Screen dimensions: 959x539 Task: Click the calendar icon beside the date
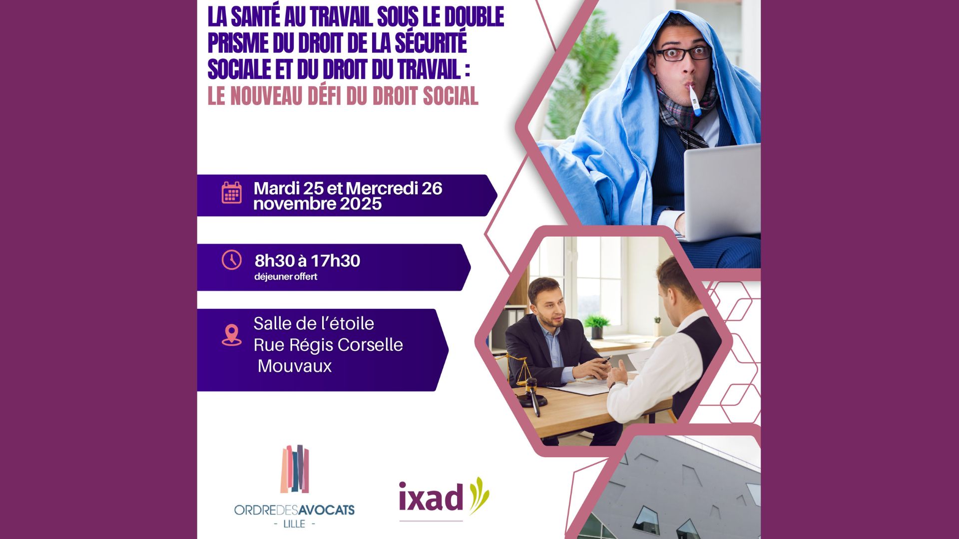(231, 192)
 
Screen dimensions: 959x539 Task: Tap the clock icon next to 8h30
(231, 260)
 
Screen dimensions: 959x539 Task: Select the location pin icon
(231, 335)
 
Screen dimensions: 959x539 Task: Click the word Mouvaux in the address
(295, 366)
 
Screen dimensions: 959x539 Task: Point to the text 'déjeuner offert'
(286, 276)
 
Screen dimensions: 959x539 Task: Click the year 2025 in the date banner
(361, 204)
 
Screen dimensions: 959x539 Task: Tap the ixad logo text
(431, 497)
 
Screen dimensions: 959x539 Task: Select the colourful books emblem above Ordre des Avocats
(295, 469)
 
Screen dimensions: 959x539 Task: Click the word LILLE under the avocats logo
(294, 524)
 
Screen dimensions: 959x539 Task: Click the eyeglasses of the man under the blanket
(683, 52)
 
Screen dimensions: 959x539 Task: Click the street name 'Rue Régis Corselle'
(328, 345)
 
